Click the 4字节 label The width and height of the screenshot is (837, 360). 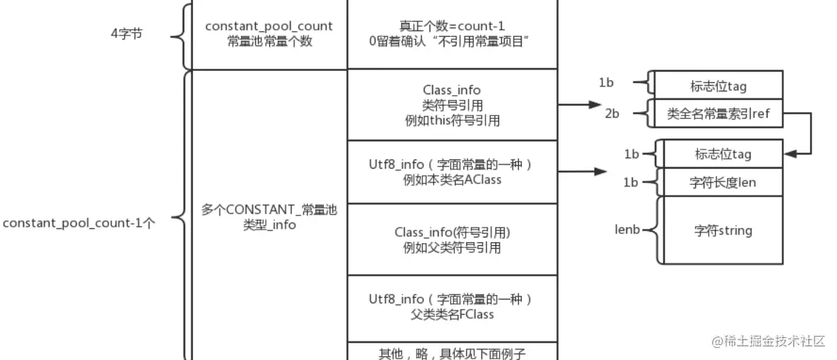coord(128,33)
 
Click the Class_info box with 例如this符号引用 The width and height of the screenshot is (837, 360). coord(451,105)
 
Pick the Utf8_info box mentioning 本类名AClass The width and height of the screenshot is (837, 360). coord(451,171)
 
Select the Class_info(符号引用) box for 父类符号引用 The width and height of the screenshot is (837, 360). coord(451,240)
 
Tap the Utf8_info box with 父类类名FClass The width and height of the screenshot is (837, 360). coord(451,306)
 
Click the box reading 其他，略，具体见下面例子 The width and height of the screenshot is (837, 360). coord(451,351)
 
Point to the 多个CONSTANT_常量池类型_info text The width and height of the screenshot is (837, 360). coord(269,218)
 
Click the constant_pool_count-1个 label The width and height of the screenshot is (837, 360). coord(79,223)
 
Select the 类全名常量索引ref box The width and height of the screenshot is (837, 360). coord(717,113)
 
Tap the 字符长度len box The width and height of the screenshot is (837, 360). coord(722,183)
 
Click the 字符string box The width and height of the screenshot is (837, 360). coord(722,230)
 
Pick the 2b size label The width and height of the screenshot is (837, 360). coord(612,113)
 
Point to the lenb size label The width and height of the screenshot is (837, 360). coord(627,230)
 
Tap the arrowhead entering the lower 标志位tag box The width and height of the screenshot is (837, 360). coord(789,153)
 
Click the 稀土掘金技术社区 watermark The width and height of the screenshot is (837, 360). coord(770,341)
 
